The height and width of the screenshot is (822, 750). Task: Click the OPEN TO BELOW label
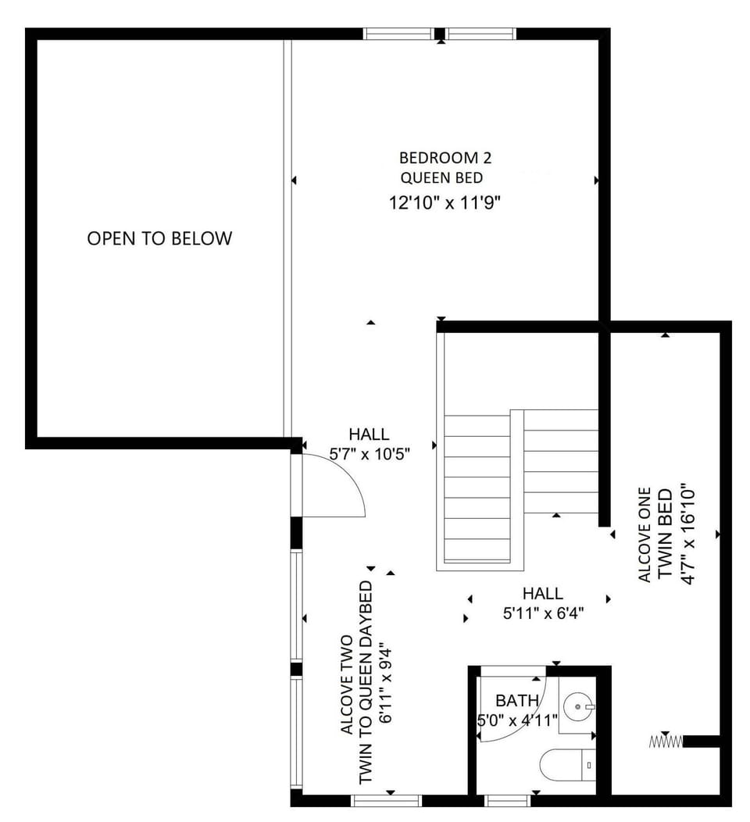(x=159, y=238)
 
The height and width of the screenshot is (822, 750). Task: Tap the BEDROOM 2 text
(x=445, y=158)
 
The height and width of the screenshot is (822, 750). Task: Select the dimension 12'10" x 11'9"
(x=445, y=202)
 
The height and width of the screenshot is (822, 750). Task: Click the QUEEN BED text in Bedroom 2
(x=441, y=178)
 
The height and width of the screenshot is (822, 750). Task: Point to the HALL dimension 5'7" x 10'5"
(x=369, y=453)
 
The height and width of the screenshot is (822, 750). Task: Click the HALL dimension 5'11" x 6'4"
(x=543, y=613)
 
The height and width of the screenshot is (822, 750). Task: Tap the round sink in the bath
(x=579, y=706)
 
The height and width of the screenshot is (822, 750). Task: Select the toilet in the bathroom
(x=568, y=765)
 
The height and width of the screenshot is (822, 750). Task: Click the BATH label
(x=516, y=700)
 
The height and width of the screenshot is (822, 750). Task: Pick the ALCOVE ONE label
(x=645, y=534)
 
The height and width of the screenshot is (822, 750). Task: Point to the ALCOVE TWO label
(x=347, y=684)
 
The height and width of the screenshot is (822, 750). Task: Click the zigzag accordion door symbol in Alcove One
(x=666, y=742)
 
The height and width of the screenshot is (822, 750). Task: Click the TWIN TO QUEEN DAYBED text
(x=366, y=683)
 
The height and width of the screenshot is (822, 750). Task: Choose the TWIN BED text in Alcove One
(x=665, y=534)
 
